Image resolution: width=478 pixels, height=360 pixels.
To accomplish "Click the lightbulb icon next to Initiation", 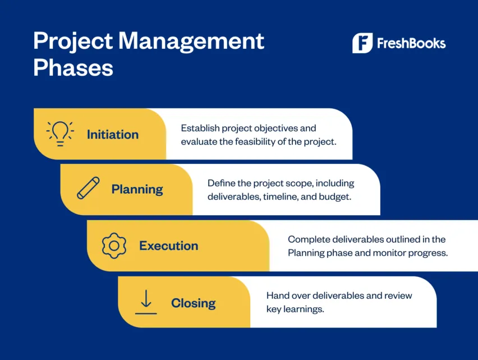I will click(x=60, y=134).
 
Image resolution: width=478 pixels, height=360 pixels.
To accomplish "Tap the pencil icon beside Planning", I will click(x=88, y=189).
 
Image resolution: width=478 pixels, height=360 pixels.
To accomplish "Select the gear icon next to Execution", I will click(x=114, y=245).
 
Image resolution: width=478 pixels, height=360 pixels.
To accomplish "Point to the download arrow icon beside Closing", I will click(x=146, y=302).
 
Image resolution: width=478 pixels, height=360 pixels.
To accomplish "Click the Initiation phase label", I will click(x=112, y=135).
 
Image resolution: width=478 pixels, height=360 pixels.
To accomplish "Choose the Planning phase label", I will click(x=137, y=189).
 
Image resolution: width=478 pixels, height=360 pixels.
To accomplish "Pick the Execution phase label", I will click(x=168, y=246).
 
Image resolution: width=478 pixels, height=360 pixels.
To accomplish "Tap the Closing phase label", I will click(x=193, y=303).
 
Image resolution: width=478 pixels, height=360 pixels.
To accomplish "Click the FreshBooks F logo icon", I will click(x=362, y=43).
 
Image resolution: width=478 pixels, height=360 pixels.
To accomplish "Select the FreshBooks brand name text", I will click(x=411, y=43).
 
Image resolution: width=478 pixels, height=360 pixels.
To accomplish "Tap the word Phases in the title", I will click(x=73, y=68).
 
